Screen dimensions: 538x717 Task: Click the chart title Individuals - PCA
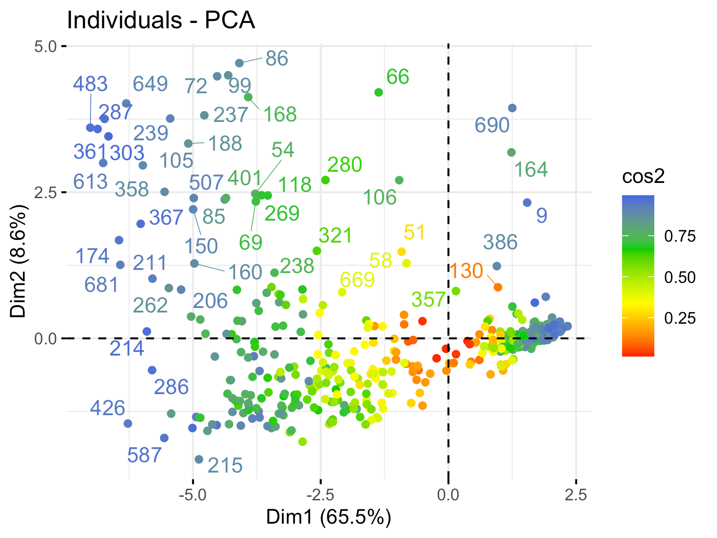click(x=161, y=20)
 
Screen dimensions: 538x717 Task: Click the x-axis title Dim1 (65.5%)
click(x=328, y=517)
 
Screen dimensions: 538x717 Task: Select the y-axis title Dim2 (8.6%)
click(x=19, y=261)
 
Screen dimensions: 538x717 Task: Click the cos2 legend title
click(x=643, y=177)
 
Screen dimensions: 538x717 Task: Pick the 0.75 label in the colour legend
click(x=680, y=236)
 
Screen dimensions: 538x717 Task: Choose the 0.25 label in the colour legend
click(x=680, y=318)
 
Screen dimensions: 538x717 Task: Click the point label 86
click(x=276, y=59)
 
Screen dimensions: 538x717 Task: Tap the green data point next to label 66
click(x=379, y=92)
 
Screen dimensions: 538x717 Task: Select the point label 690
click(x=492, y=126)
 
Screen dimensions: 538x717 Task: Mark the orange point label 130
click(x=466, y=271)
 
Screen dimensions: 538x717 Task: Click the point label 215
click(x=225, y=466)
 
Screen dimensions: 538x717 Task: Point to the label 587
click(x=144, y=456)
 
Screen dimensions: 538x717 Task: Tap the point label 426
click(x=108, y=408)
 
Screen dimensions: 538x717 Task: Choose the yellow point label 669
click(x=357, y=280)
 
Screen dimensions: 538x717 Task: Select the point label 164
click(x=531, y=170)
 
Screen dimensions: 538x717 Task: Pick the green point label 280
click(x=345, y=165)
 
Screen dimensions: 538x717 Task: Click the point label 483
click(x=91, y=84)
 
